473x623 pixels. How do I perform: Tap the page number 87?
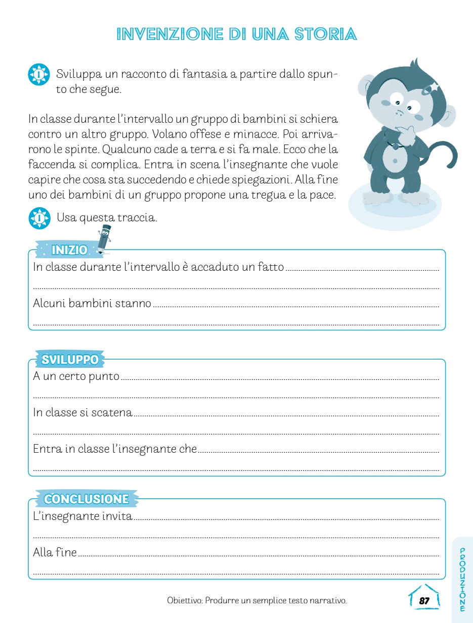tap(424, 601)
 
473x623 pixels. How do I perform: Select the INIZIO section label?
tap(69, 250)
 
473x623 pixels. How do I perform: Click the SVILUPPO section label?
tap(70, 360)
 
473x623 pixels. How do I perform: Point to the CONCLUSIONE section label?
tap(86, 499)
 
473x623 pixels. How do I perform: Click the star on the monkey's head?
tap(434, 87)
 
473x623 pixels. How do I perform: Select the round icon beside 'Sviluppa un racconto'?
tap(39, 75)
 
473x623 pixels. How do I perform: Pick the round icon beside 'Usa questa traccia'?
tap(39, 218)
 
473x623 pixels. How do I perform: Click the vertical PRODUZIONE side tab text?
tap(462, 579)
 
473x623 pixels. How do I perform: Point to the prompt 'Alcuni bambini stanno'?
tap(92, 304)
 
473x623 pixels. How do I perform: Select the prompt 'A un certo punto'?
tap(76, 376)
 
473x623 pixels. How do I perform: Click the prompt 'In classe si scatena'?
tap(82, 412)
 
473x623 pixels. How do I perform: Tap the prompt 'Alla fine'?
tap(55, 553)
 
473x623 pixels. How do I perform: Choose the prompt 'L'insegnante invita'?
tap(82, 516)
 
